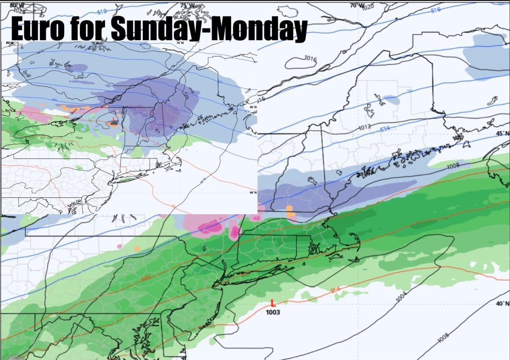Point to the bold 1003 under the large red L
[273, 312]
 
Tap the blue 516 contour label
[435, 10]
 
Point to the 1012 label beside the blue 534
[365, 127]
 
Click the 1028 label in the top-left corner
[19, 9]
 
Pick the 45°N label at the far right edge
[503, 133]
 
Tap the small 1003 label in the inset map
[113, 124]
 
